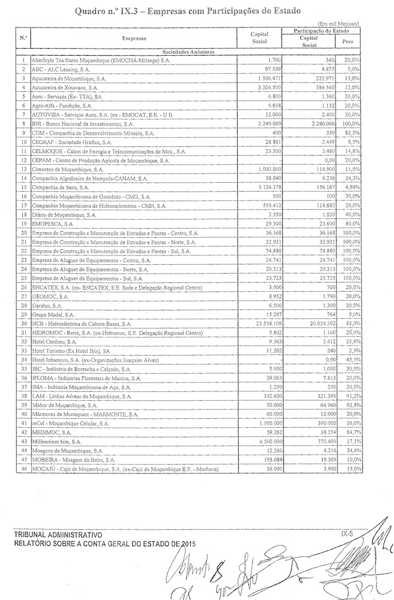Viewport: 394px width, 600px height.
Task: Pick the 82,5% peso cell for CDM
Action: (351, 133)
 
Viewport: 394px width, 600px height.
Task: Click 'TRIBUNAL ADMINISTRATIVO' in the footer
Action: (56, 535)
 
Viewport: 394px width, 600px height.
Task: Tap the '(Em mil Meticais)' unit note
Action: (343, 22)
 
